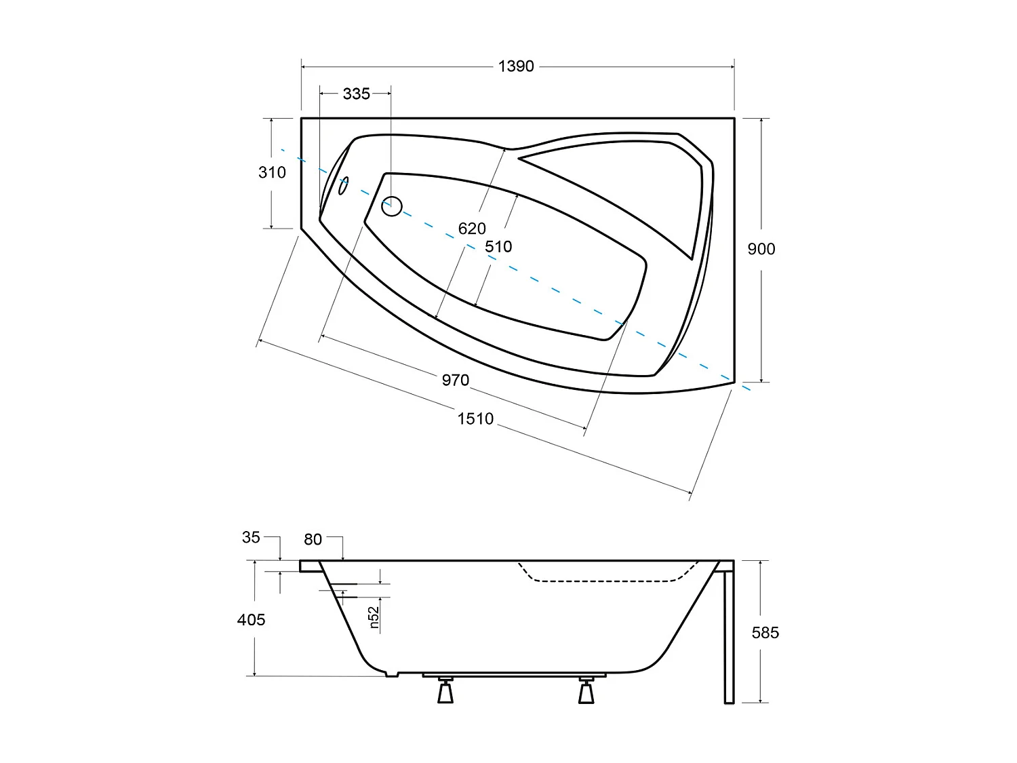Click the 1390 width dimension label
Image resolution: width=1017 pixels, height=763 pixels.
coord(516,66)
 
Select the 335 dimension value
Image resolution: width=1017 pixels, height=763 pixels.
coord(356,94)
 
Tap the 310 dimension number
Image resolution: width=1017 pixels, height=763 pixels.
coord(272,172)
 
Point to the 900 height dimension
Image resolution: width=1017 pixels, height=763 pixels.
coord(761,249)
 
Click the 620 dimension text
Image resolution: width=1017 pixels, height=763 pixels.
coord(472,229)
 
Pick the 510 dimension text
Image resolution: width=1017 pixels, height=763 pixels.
coord(498,247)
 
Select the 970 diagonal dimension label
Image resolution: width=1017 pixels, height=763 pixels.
coord(455,380)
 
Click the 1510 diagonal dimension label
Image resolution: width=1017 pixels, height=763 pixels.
coord(475,418)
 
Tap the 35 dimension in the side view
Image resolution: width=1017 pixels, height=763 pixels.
coord(251,537)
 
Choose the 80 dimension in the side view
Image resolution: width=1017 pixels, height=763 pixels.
coord(313,539)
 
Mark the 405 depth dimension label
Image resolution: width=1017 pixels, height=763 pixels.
coord(252,619)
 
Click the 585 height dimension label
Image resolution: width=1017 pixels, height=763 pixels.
coord(765,633)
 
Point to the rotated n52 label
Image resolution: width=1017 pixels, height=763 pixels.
coord(374,617)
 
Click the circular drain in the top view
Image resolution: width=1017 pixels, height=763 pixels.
coord(392,206)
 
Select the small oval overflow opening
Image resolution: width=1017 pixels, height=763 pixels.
coord(344,185)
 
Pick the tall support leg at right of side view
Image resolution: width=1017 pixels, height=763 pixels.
coord(729,634)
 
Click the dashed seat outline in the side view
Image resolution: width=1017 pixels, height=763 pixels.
coord(603,581)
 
